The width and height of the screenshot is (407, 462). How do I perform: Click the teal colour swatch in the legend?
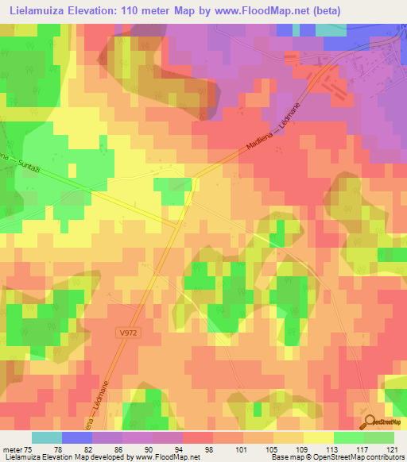[47, 437]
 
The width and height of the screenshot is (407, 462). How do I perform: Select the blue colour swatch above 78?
[77, 437]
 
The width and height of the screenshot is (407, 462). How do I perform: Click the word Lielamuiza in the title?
[41, 13]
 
